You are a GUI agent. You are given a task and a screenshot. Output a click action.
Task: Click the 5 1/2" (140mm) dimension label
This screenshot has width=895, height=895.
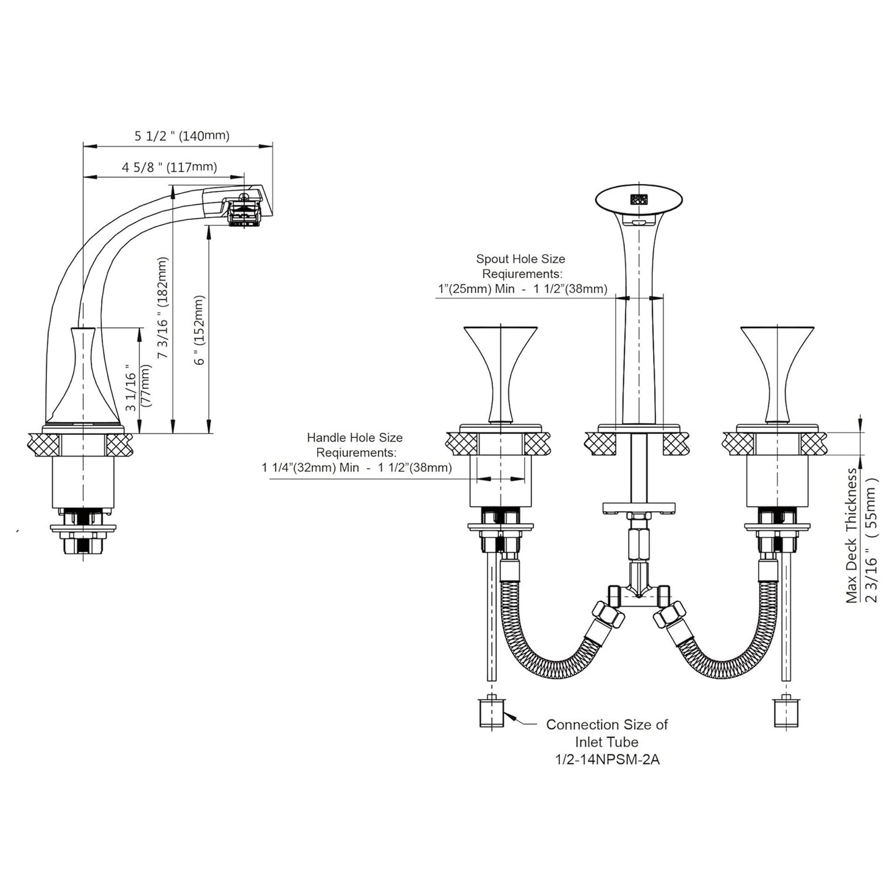(181, 136)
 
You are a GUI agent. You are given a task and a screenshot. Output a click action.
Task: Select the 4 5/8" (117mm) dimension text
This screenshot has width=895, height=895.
(169, 167)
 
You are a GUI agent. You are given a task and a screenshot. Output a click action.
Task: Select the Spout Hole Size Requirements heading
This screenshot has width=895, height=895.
(520, 266)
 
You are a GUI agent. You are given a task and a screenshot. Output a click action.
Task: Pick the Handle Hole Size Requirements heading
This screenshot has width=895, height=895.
(354, 445)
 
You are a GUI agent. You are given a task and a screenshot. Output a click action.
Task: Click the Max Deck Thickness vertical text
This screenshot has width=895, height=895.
(852, 536)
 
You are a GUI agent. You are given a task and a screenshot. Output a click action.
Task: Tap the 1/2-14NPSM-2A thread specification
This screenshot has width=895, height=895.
(607, 759)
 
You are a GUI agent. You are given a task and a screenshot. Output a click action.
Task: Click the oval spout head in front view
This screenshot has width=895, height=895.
(639, 200)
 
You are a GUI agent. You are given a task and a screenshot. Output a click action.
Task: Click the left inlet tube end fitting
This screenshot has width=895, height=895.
(492, 713)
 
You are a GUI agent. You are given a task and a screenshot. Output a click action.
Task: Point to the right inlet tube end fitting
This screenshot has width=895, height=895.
(786, 713)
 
